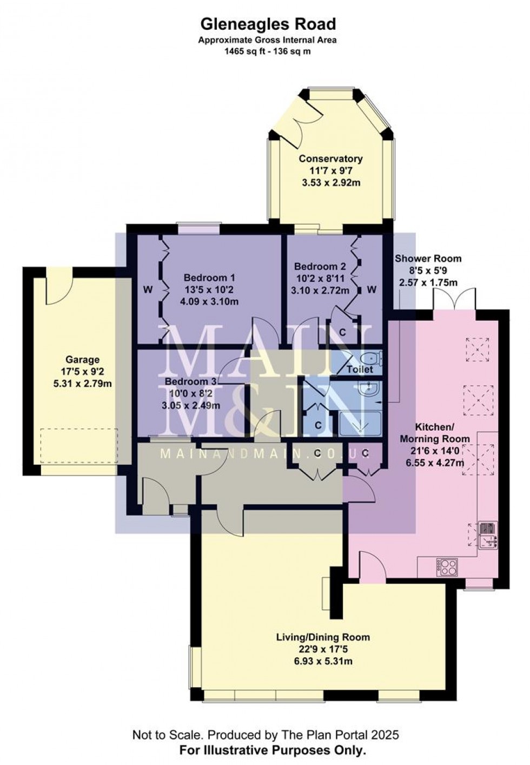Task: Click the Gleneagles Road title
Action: (x=268, y=24)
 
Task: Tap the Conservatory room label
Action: (x=330, y=159)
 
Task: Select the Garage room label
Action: (x=83, y=359)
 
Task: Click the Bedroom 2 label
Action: (x=320, y=267)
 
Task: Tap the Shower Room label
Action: (x=428, y=259)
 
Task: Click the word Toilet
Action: (x=360, y=370)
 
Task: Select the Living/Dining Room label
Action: (x=323, y=637)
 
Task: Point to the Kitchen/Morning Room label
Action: (x=435, y=431)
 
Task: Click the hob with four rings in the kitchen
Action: (x=448, y=567)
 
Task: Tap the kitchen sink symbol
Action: (x=488, y=535)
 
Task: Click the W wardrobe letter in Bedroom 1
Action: (x=147, y=290)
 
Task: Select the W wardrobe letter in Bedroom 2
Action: (x=372, y=290)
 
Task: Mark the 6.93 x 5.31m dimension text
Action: (x=323, y=661)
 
